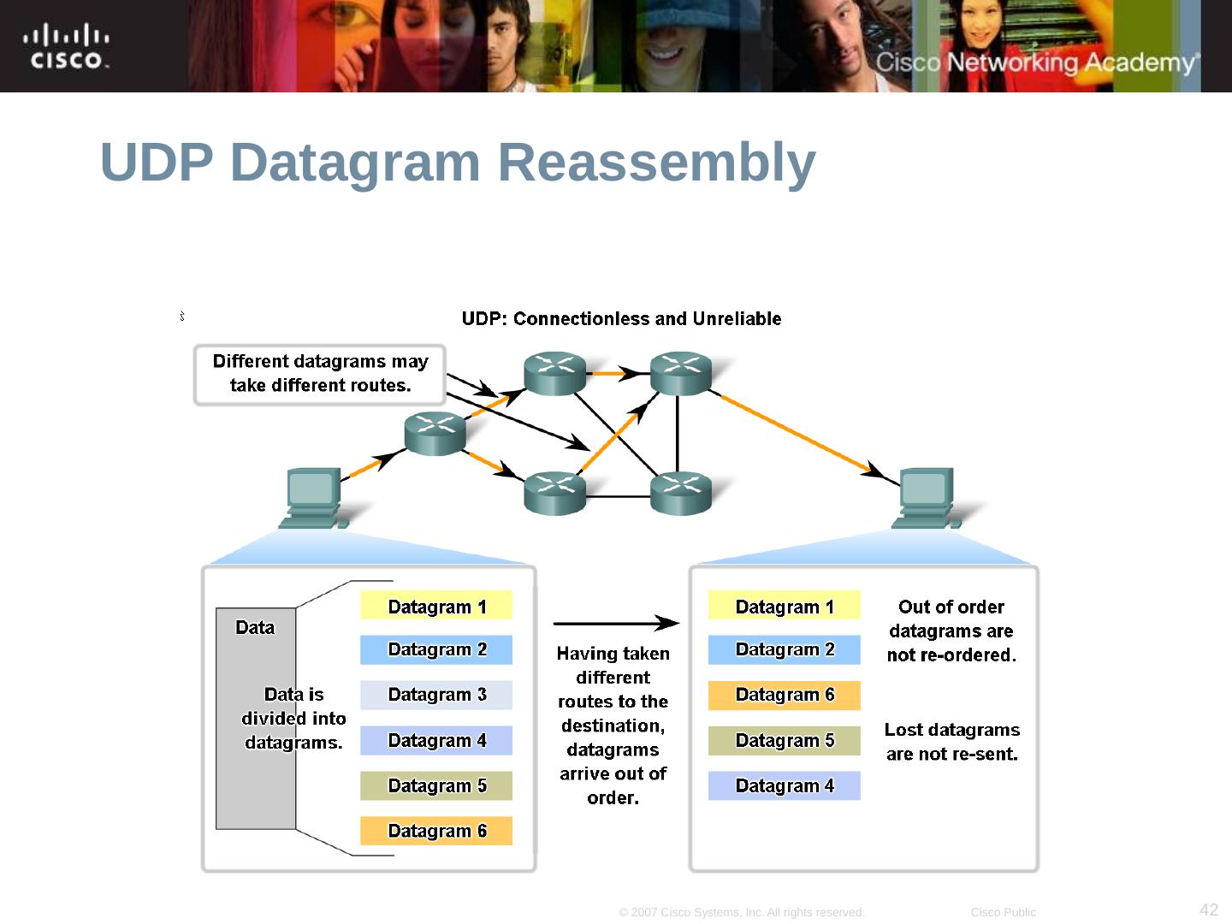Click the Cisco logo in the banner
(67, 47)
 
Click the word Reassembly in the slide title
(656, 162)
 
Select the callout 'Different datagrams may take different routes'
(320, 374)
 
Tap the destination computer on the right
(925, 498)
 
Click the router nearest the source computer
(435, 433)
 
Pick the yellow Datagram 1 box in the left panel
(436, 606)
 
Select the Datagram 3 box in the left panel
(436, 695)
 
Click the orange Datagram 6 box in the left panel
(436, 831)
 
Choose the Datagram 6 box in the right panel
(784, 695)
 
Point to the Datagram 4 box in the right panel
(784, 785)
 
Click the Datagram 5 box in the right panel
(784, 740)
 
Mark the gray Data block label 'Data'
(255, 628)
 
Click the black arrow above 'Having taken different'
(616, 624)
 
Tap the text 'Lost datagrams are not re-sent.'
(951, 742)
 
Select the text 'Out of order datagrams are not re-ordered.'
(951, 631)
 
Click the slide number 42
(1209, 909)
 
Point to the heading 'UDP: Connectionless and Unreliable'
(621, 319)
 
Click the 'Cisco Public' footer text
(1003, 913)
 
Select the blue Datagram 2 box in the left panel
(436, 650)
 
